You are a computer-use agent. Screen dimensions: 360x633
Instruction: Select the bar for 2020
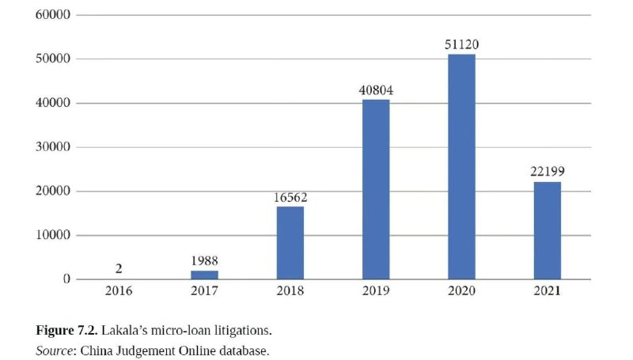coord(461,166)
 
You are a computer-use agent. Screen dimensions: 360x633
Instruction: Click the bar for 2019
coord(376,189)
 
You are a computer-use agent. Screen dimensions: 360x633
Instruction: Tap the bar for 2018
coord(290,242)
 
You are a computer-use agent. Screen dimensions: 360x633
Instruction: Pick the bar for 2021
coord(547,230)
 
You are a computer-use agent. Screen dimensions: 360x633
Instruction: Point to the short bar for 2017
coord(205,275)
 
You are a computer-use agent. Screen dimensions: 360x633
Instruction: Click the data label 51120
coord(461,45)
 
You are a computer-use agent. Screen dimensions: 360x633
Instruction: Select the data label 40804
coord(376,90)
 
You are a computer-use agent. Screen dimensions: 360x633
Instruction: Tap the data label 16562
coord(290,197)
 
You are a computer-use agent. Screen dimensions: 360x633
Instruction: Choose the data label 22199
coord(547,172)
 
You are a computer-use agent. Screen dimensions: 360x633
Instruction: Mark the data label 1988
coord(205,261)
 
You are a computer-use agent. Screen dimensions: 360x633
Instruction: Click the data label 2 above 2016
coord(119,270)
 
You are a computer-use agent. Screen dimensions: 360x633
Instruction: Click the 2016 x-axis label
coord(119,291)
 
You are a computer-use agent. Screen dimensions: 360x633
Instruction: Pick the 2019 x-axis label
coord(376,291)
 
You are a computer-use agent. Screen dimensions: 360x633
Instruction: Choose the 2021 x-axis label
coord(547,291)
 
